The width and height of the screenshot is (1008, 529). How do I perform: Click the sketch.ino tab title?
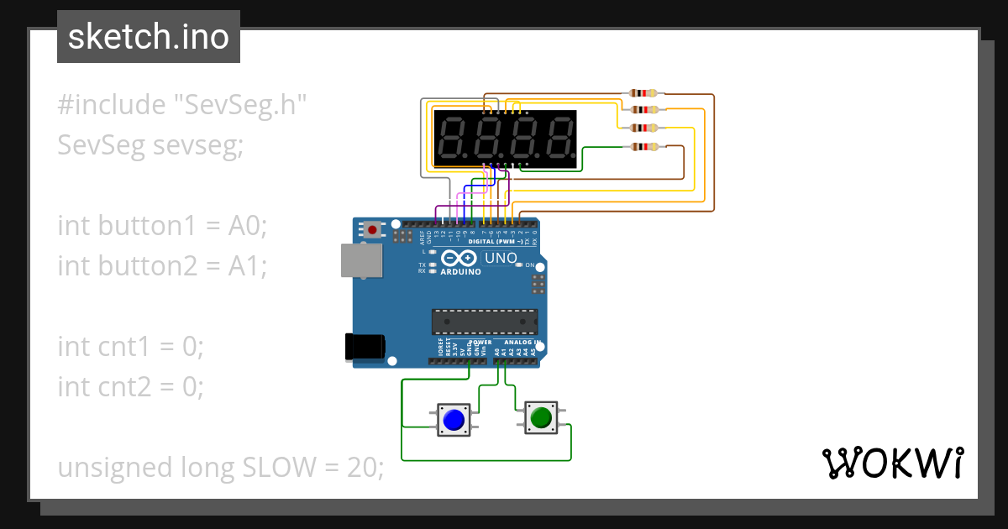click(149, 38)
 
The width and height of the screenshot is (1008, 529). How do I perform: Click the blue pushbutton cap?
click(454, 420)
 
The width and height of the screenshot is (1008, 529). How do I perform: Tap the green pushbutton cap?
click(540, 416)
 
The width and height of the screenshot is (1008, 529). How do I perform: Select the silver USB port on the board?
click(358, 260)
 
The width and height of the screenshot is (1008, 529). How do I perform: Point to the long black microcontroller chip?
click(485, 321)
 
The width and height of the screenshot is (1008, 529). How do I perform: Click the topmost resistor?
click(644, 94)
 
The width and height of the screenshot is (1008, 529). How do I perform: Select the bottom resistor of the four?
click(644, 147)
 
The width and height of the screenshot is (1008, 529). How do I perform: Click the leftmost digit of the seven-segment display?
click(454, 139)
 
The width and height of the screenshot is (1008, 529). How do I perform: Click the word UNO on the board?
click(501, 258)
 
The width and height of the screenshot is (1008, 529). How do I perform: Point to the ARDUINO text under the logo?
click(461, 271)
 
